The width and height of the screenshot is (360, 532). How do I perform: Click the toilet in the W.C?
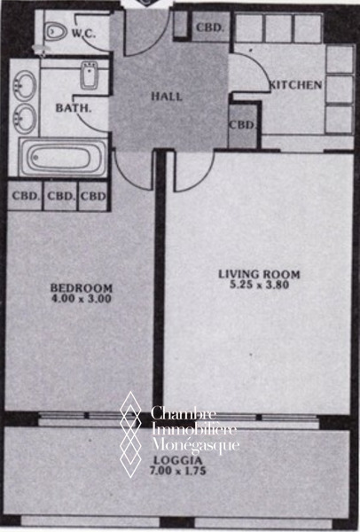click(56, 32)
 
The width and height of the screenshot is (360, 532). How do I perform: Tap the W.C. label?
click(84, 33)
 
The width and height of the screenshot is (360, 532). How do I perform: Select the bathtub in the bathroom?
click(63, 157)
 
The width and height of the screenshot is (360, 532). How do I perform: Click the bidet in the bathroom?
click(90, 75)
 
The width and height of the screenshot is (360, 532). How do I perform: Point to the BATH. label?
click(74, 108)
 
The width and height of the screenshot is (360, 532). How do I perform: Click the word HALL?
click(167, 97)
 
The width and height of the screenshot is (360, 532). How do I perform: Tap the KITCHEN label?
click(295, 85)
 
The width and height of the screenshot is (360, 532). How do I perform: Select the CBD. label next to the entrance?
click(210, 27)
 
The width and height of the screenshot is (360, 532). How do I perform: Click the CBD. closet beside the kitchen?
click(242, 126)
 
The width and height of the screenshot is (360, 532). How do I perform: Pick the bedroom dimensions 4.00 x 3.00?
click(81, 299)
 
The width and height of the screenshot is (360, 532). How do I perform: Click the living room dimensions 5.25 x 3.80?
click(260, 285)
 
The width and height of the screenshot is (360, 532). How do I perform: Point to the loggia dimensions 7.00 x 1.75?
click(178, 471)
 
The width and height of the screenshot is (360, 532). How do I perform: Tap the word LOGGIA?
click(178, 460)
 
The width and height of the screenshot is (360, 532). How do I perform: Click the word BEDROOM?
click(81, 288)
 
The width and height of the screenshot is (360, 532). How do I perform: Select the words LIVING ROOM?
click(259, 274)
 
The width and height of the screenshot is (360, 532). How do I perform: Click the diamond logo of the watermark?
click(130, 434)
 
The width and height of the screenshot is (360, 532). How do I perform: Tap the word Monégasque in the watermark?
click(195, 445)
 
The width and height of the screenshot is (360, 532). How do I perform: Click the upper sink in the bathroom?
click(25, 85)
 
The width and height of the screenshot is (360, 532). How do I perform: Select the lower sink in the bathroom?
click(25, 119)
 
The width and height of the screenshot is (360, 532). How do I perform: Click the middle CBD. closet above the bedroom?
click(60, 197)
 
